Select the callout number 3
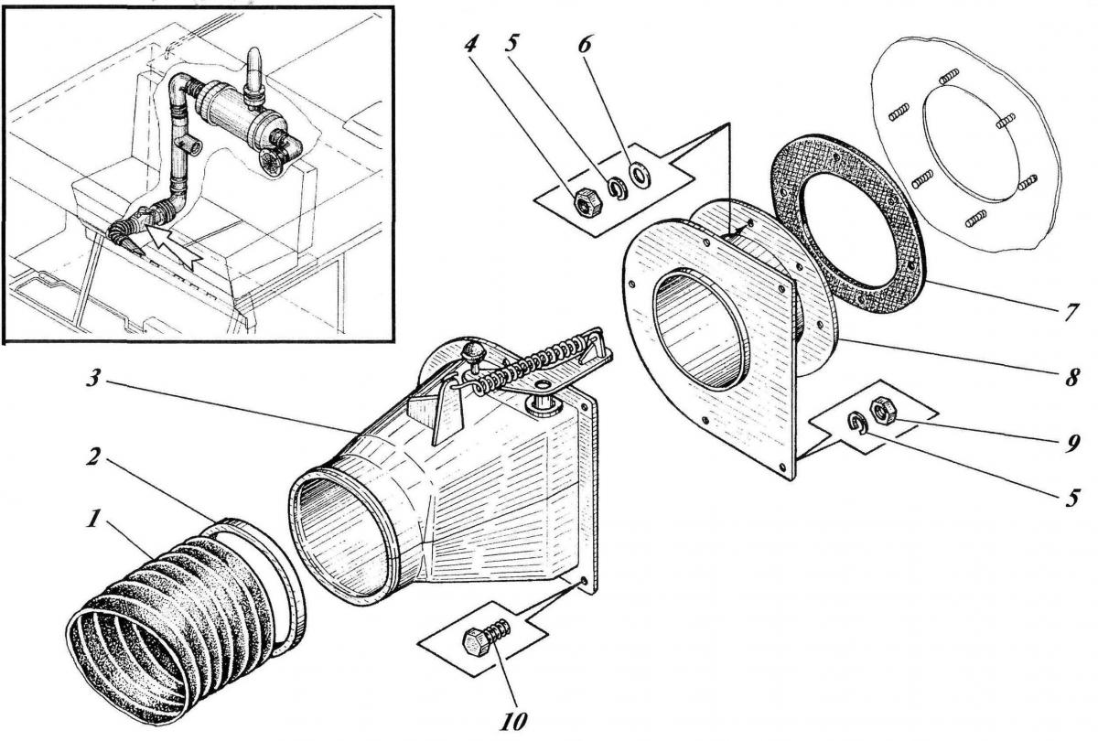[x=94, y=377]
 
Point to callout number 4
[x=470, y=45]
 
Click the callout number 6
[x=585, y=45]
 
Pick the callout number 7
[x=1071, y=312]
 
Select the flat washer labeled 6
[x=639, y=175]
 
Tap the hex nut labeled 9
[x=883, y=410]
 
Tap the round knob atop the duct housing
[x=473, y=351]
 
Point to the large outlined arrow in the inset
[x=173, y=246]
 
